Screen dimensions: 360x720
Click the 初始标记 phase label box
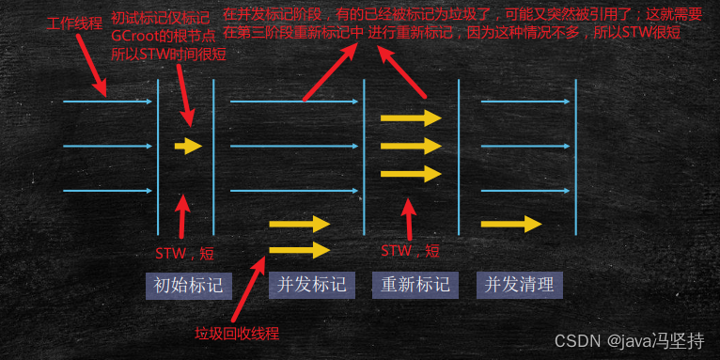click(x=188, y=285)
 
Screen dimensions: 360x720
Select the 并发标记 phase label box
click(x=305, y=285)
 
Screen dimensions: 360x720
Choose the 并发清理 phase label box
click(x=518, y=285)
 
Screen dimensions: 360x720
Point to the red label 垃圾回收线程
click(x=237, y=334)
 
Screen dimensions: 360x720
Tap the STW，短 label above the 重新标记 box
click(x=409, y=251)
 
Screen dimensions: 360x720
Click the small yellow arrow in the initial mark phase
click(x=188, y=146)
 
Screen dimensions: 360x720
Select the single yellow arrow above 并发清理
click(x=510, y=224)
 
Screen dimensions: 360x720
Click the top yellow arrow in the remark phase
click(x=410, y=117)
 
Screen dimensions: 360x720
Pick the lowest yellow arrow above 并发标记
click(x=299, y=249)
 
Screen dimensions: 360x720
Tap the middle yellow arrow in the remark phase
click(x=410, y=146)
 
